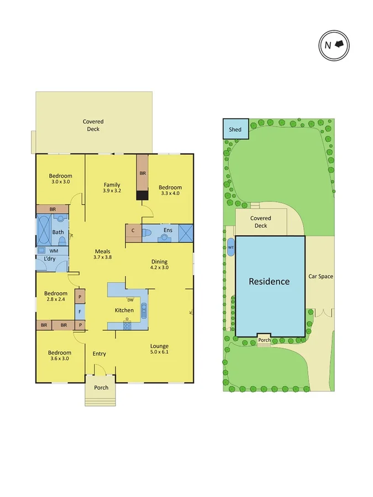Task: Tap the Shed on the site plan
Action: [x=235, y=129]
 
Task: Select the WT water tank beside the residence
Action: [x=230, y=247]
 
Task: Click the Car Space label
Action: [x=320, y=276]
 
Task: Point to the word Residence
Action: [x=269, y=281]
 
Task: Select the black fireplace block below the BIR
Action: [x=143, y=195]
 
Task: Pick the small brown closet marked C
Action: [x=133, y=232]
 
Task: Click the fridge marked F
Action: [x=80, y=311]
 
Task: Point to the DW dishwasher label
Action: [x=130, y=300]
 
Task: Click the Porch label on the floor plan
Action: [x=101, y=388]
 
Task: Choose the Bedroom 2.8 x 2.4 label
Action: [x=56, y=297]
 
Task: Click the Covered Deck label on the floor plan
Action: [x=93, y=125]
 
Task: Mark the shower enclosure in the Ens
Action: [x=185, y=232]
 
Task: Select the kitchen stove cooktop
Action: [x=127, y=325]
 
